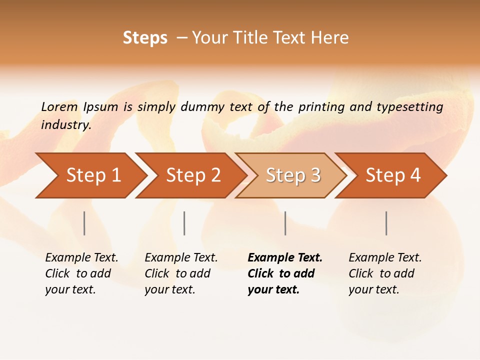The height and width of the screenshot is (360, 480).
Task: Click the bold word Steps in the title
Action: click(145, 38)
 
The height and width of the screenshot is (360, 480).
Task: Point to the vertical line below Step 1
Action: click(84, 223)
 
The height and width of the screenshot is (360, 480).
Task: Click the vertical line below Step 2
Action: click(184, 223)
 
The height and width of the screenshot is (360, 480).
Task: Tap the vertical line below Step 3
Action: click(285, 223)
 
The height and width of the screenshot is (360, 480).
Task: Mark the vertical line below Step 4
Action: click(386, 223)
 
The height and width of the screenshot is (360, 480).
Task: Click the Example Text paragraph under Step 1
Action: click(81, 273)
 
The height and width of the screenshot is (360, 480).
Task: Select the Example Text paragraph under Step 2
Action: click(181, 273)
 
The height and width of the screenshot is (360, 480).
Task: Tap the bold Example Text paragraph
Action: click(285, 273)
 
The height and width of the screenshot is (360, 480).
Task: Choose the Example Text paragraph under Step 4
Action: click(385, 273)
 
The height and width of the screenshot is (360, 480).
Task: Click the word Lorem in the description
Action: click(59, 106)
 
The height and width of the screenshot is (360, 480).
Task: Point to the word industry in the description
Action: click(66, 124)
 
